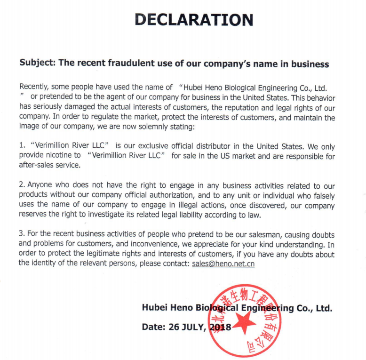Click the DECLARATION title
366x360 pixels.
point(194,20)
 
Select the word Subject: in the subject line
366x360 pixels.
point(37,64)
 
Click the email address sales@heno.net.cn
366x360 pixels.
point(223,264)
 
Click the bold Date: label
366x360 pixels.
point(152,327)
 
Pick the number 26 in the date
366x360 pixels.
point(172,327)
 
